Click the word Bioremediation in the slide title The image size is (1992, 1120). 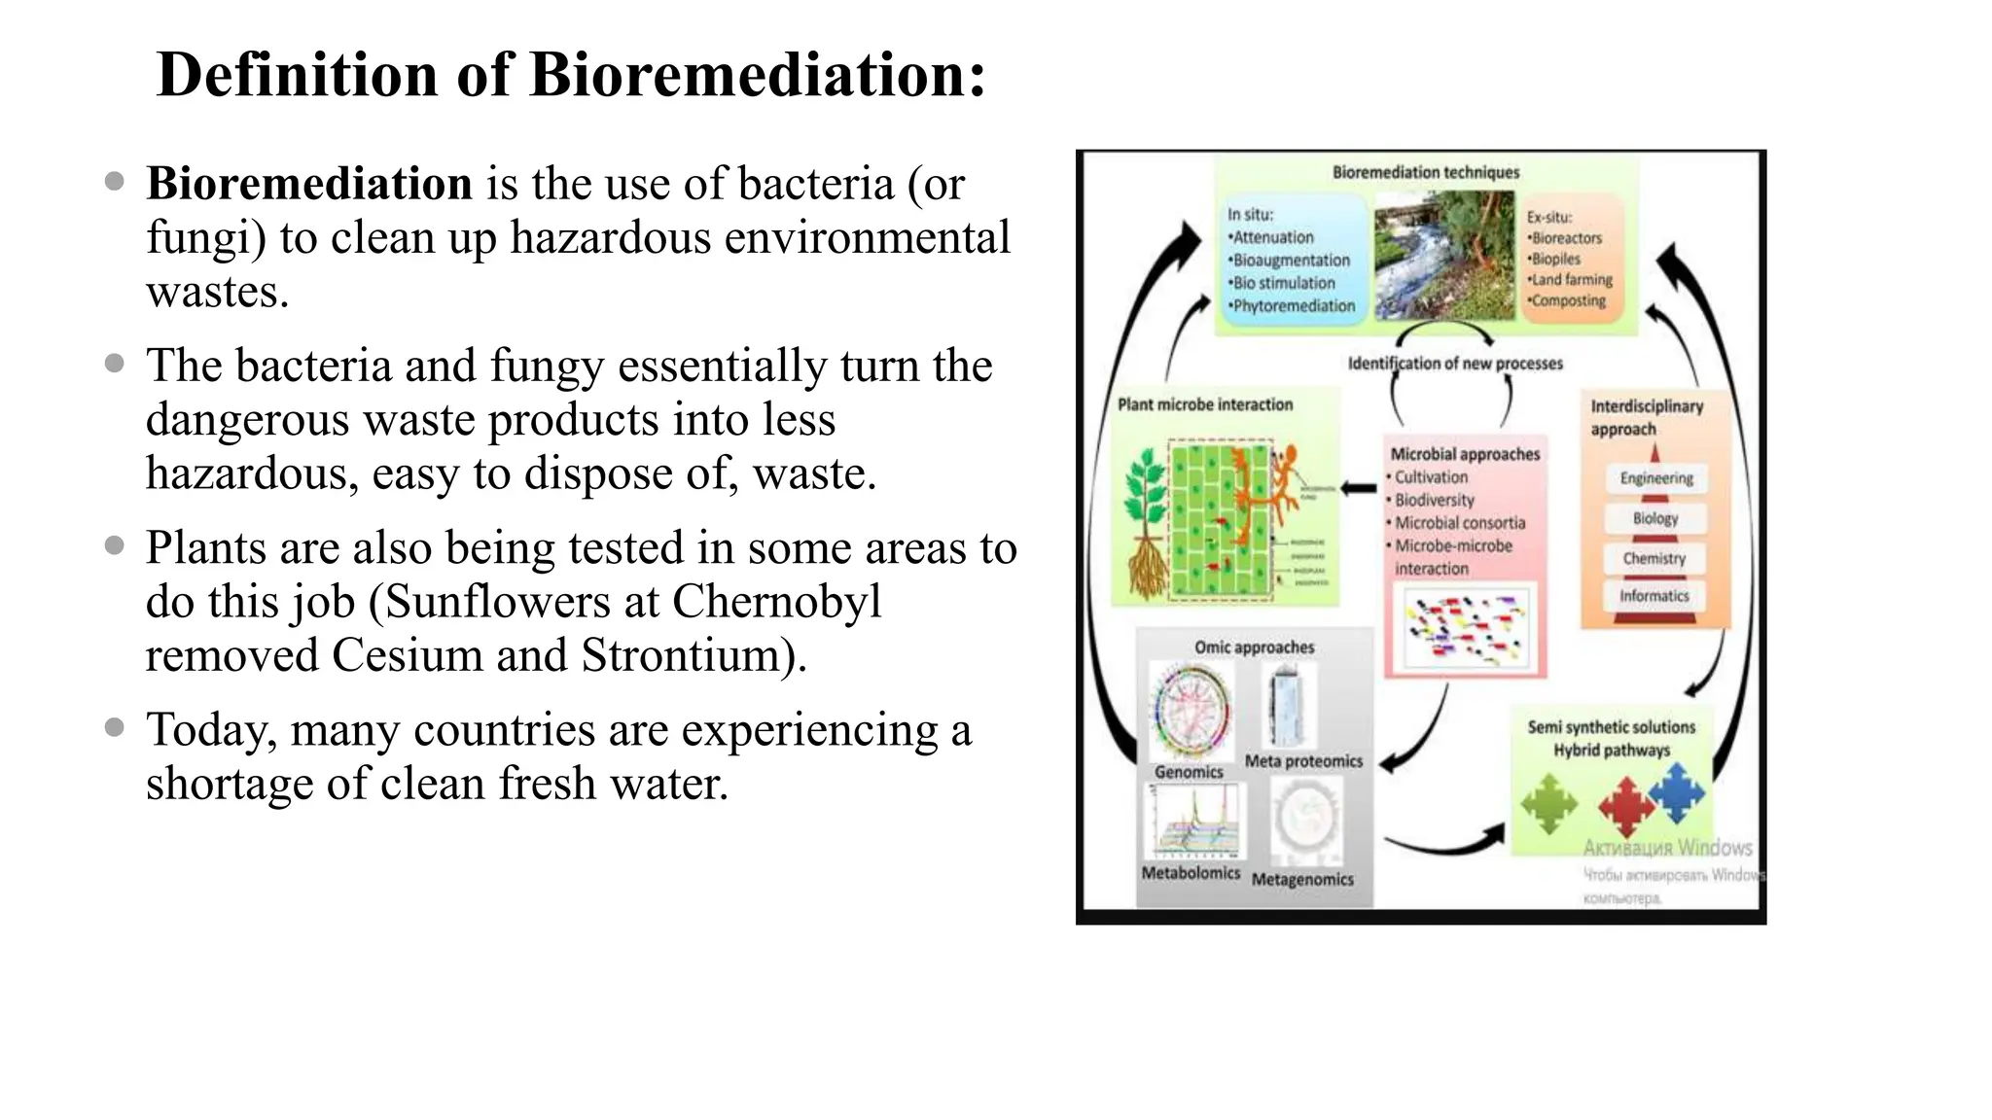tap(757, 74)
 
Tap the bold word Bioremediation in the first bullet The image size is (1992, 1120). tap(309, 184)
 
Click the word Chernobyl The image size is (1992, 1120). tap(776, 602)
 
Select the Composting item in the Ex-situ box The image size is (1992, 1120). tap(1568, 300)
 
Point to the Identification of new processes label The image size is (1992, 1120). tap(1454, 364)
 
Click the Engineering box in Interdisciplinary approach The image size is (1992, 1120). tap(1655, 478)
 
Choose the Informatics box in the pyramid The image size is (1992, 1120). tap(1654, 596)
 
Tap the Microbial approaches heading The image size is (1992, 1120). tap(1465, 454)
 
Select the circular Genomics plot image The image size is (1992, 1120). tap(1190, 710)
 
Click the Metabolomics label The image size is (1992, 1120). tap(1190, 873)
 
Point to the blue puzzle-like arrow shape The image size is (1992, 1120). tap(1677, 791)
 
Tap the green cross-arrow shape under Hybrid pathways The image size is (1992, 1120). tap(1548, 803)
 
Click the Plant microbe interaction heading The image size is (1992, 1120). tap(1205, 404)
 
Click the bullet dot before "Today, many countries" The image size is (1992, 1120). tap(115, 727)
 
